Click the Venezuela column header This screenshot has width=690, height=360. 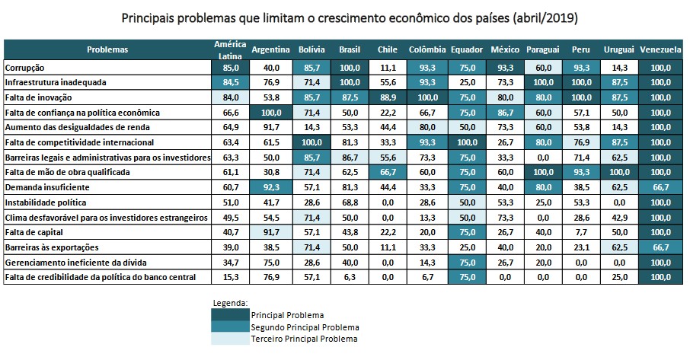point(660,49)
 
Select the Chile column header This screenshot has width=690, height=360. point(387,49)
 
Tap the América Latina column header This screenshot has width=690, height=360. point(230,49)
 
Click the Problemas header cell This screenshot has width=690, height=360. point(107,49)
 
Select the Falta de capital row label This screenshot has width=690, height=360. point(34,232)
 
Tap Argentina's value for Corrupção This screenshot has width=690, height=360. point(270,67)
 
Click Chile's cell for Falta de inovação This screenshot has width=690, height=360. point(387,97)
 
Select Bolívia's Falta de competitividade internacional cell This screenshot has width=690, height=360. point(312,142)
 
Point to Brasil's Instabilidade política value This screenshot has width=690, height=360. point(350,202)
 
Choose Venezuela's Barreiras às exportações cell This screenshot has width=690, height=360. point(660,247)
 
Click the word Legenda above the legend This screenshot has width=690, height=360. point(230,303)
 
